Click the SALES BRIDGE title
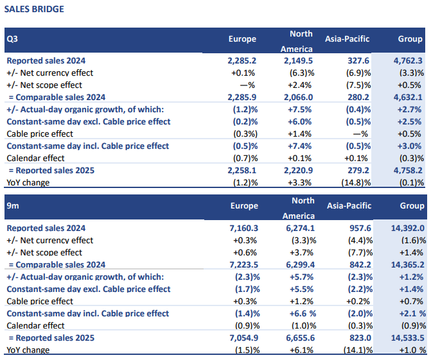[34, 10]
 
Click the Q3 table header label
[12, 39]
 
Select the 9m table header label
[12, 206]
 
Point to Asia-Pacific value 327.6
[355, 60]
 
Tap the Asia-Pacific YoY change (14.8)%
[355, 182]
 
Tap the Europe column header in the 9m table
[244, 206]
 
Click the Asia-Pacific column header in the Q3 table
[348, 39]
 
